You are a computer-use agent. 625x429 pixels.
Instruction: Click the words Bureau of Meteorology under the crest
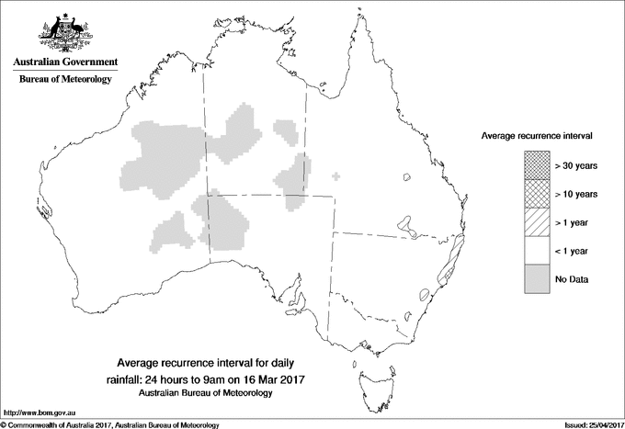(64, 80)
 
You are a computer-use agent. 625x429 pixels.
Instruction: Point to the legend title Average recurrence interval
(536, 135)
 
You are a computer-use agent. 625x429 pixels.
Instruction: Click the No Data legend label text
(571, 279)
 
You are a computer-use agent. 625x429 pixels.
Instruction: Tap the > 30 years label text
(576, 165)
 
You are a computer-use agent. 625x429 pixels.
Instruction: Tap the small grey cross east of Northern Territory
(335, 176)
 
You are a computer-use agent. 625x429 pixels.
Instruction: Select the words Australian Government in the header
(64, 62)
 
